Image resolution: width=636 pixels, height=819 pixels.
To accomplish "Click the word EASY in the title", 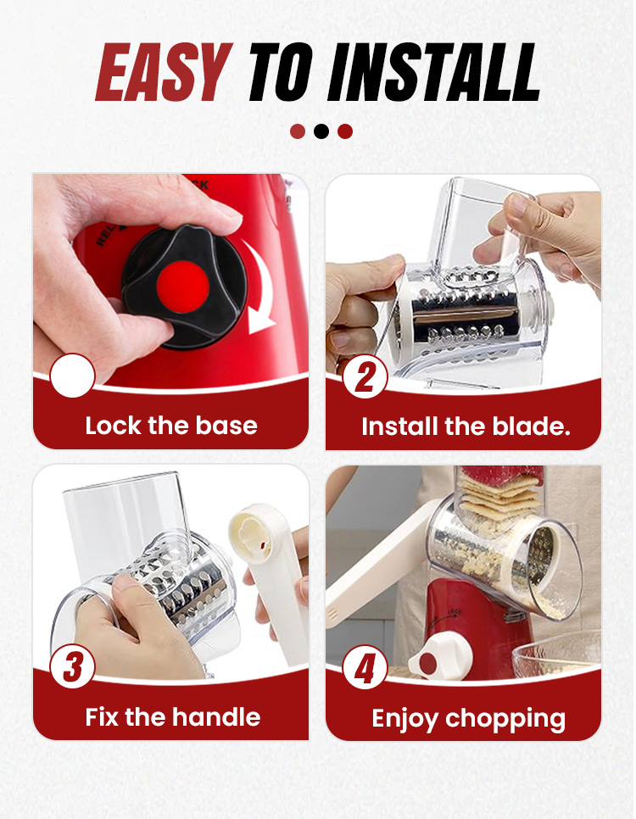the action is tap(164, 72).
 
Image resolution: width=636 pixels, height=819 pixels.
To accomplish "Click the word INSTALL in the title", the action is tap(434, 72).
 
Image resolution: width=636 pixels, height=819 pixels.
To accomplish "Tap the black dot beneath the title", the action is tap(321, 131).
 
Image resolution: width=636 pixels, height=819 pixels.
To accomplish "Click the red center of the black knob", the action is tap(182, 287).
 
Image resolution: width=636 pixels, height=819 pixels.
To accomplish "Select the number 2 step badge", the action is tap(365, 376).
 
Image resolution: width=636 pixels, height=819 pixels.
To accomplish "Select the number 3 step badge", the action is tap(73, 666).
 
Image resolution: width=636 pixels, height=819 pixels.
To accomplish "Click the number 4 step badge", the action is tap(365, 667).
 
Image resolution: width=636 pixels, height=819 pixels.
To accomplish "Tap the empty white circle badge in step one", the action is tap(73, 376).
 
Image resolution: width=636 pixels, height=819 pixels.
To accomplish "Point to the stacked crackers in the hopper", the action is tap(499, 495).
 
